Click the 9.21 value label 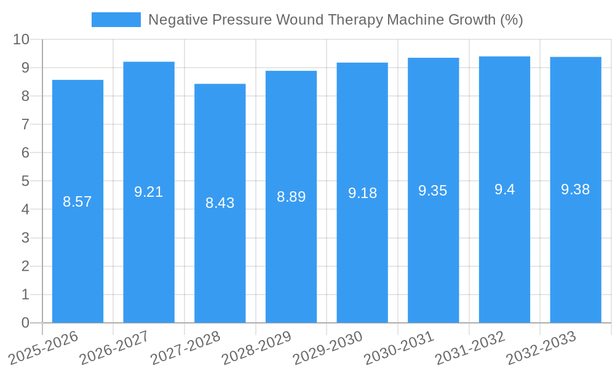pyautogui.click(x=149, y=192)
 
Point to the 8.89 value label pyautogui.click(x=291, y=197)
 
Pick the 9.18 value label pyautogui.click(x=362, y=193)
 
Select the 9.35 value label pyautogui.click(x=433, y=191)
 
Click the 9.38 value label pyautogui.click(x=575, y=189)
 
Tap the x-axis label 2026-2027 pyautogui.click(x=114, y=348)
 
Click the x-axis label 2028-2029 pyautogui.click(x=256, y=348)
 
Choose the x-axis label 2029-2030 pyautogui.click(x=328, y=348)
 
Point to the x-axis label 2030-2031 pyautogui.click(x=399, y=348)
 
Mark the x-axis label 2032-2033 pyautogui.click(x=541, y=348)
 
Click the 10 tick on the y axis pyautogui.click(x=22, y=39)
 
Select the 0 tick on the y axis pyautogui.click(x=25, y=323)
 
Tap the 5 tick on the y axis pyautogui.click(x=25, y=181)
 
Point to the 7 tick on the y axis pyautogui.click(x=25, y=124)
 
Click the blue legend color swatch pyautogui.click(x=116, y=20)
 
